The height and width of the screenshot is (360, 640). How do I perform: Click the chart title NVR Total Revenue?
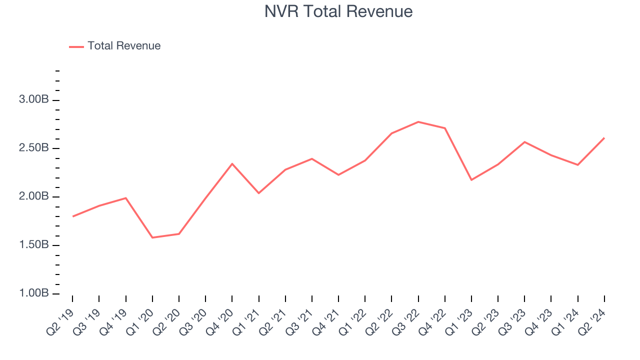click(338, 11)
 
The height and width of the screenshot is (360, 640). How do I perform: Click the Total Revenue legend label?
click(124, 46)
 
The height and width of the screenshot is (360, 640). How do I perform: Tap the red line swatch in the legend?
click(76, 46)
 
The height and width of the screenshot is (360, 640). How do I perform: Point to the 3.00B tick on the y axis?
click(34, 100)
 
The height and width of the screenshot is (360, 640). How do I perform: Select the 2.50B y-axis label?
click(34, 148)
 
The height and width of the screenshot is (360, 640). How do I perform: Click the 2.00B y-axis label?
click(34, 196)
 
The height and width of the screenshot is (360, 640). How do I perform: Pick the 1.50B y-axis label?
click(34, 245)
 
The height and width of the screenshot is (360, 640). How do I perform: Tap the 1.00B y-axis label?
click(34, 293)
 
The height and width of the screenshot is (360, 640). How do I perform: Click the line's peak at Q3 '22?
click(418, 122)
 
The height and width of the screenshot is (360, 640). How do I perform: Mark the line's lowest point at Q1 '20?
click(152, 237)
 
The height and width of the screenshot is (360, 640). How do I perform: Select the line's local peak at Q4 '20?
click(232, 163)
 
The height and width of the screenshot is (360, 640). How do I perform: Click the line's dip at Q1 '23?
click(471, 180)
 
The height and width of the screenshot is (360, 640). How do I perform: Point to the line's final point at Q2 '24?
click(604, 138)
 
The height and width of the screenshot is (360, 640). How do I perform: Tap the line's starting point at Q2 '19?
click(73, 216)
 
